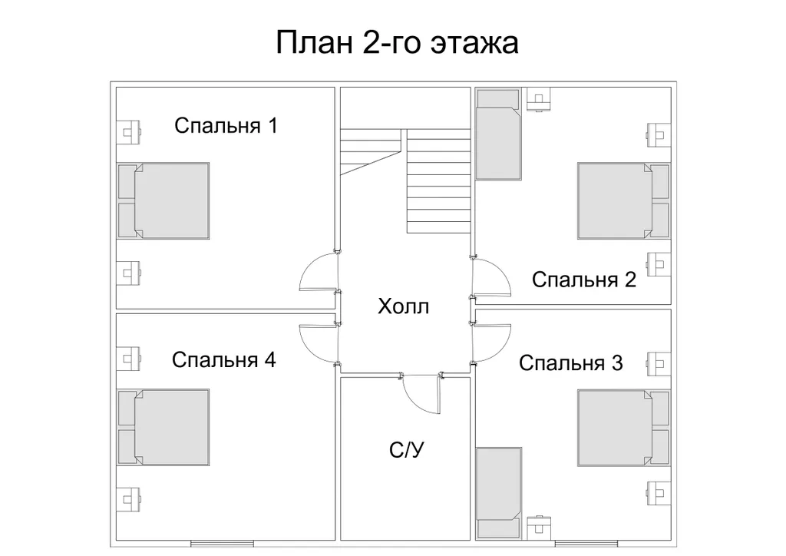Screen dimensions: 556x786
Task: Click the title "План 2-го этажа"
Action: click(x=397, y=43)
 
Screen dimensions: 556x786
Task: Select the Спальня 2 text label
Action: click(x=584, y=280)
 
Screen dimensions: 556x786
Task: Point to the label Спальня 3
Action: click(x=571, y=362)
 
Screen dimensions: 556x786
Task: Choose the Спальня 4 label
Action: click(x=223, y=359)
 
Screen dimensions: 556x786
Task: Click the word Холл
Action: click(x=403, y=307)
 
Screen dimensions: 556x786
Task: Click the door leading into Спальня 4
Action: click(x=319, y=341)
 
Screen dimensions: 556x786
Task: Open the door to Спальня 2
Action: click(x=491, y=276)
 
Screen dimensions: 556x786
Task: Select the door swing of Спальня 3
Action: click(x=491, y=342)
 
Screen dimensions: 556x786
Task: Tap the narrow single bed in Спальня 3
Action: click(x=499, y=485)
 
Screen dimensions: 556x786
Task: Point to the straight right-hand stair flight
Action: click(x=438, y=180)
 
